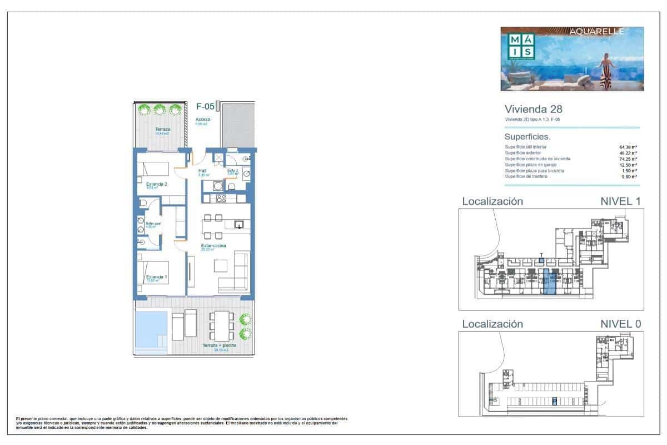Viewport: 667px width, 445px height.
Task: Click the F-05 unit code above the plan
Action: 206,106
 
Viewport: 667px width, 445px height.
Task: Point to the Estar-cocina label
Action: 213,245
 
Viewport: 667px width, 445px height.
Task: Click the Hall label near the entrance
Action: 202,171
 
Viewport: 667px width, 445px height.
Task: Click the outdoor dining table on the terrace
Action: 221,325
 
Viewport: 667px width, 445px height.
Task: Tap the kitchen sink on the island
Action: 239,225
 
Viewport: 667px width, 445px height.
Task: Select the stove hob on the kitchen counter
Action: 220,199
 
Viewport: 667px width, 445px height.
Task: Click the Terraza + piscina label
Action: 219,345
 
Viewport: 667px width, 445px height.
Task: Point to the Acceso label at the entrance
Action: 202,120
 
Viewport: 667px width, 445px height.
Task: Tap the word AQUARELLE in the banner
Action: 597,32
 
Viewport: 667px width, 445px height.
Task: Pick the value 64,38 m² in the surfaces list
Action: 627,147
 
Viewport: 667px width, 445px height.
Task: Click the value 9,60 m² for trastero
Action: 628,176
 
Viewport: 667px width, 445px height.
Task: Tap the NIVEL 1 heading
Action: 616,201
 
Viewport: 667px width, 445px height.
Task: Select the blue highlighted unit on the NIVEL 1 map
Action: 549,281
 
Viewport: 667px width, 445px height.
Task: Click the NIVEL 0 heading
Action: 616,324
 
